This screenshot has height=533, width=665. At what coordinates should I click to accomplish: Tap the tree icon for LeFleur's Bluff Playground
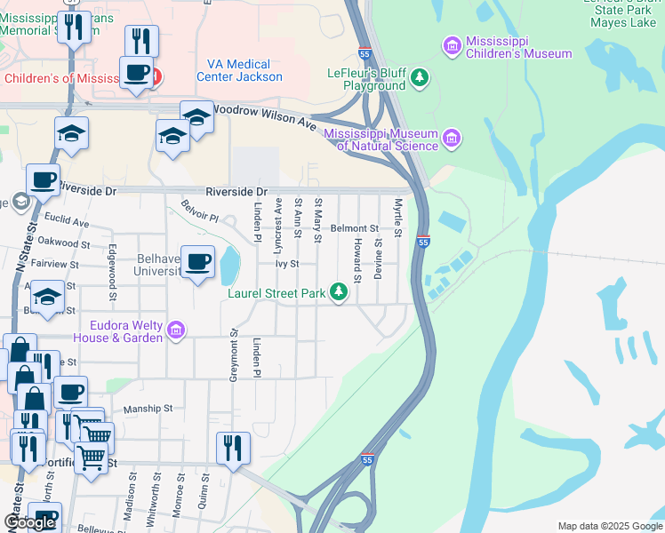420,79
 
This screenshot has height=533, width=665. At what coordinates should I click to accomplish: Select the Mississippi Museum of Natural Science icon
453,138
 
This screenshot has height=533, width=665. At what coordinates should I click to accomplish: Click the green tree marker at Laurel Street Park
338,291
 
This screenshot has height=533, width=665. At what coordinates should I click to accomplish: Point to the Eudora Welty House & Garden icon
176,330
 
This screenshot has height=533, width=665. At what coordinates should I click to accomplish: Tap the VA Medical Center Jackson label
244,70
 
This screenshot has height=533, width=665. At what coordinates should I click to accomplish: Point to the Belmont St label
355,228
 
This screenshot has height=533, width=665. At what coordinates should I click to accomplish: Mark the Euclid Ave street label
68,221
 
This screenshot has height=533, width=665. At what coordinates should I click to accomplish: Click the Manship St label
148,408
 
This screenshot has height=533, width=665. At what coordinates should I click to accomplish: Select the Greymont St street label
235,355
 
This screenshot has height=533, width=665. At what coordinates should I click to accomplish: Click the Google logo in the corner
30,523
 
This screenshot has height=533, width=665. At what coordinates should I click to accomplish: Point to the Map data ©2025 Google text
609,525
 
